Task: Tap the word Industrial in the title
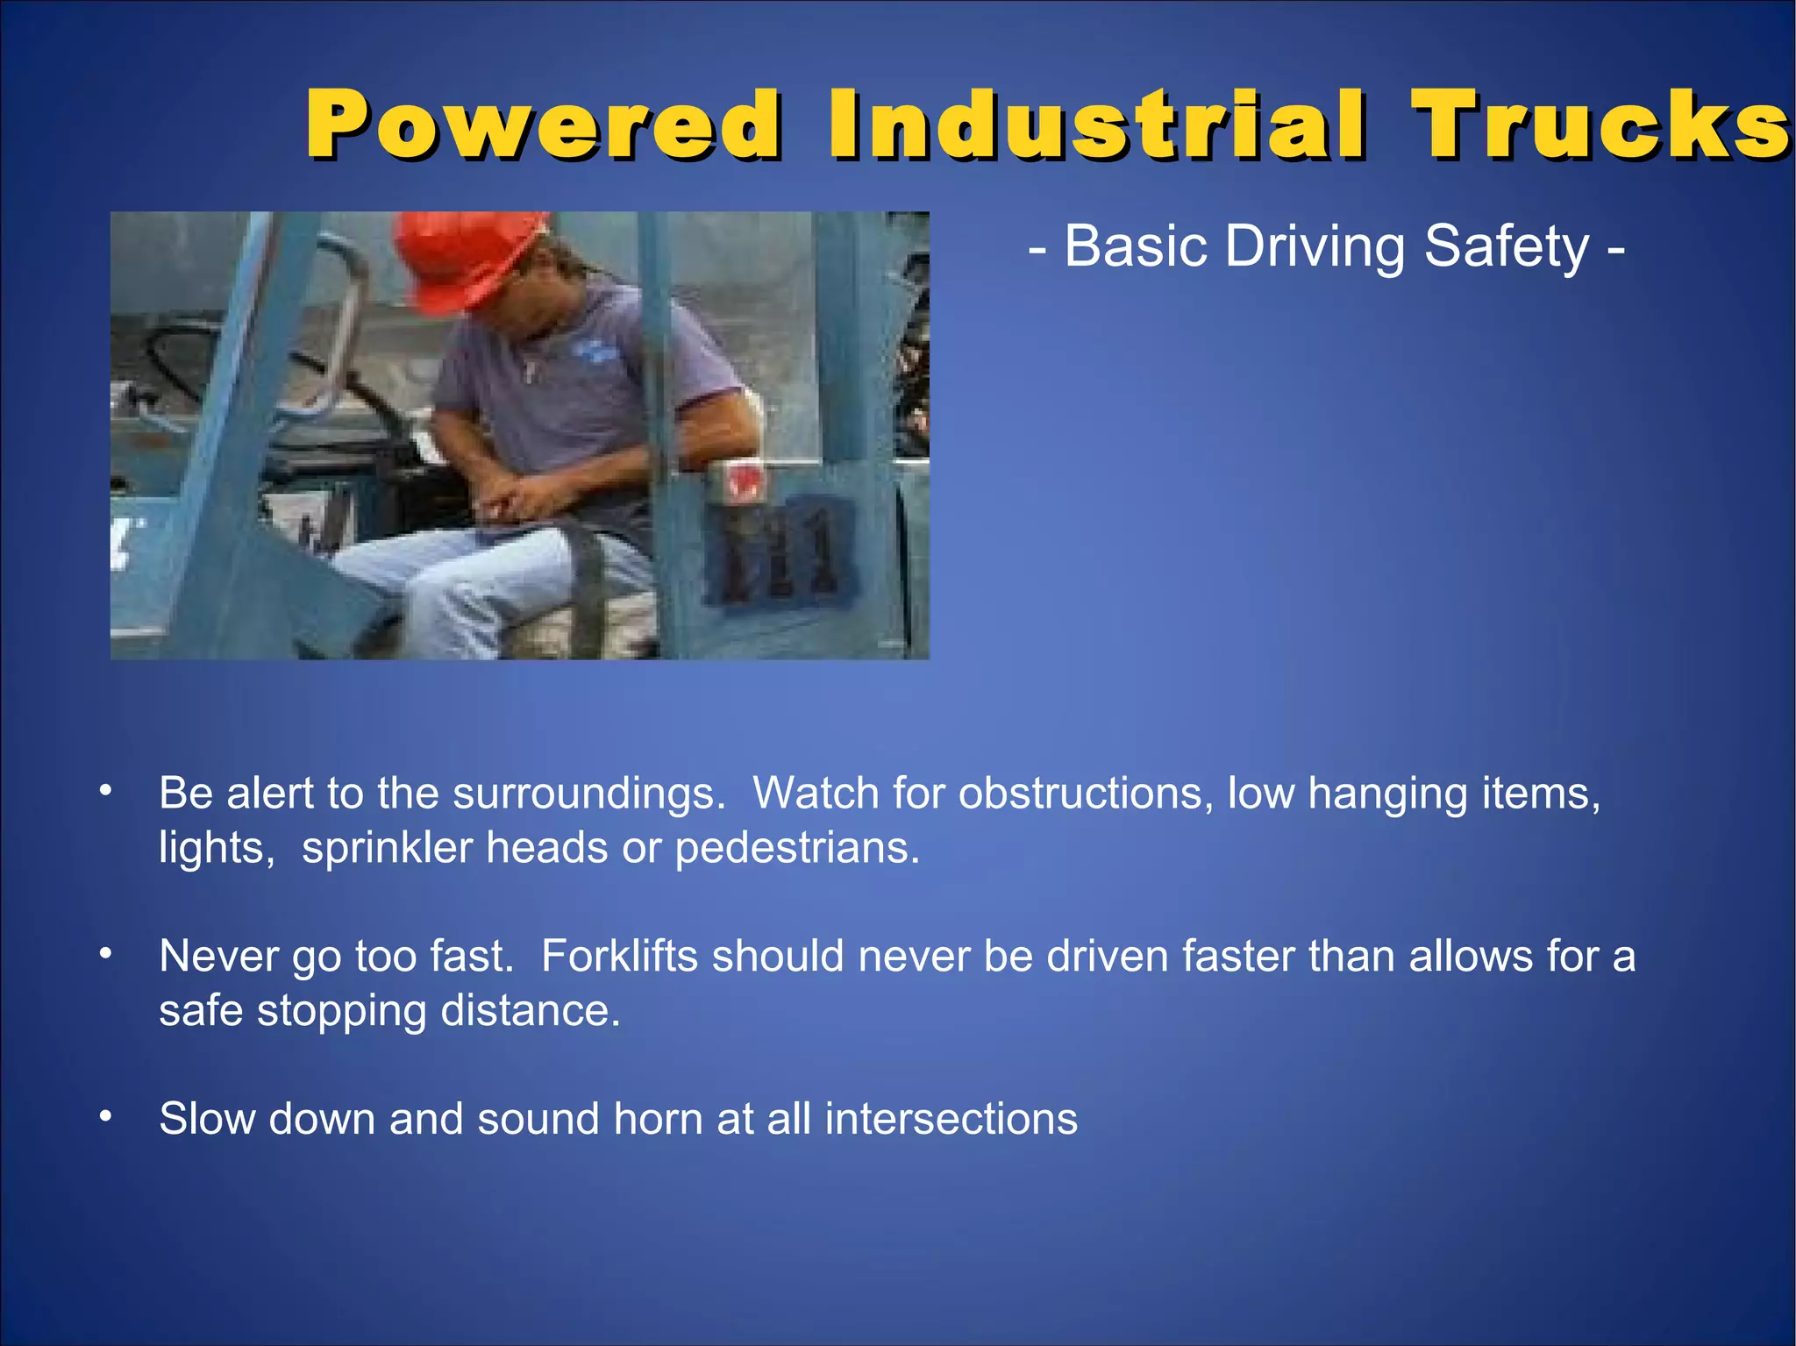1096,125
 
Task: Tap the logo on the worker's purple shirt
596,352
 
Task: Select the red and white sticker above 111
742,481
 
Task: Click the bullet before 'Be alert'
105,791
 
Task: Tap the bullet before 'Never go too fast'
105,953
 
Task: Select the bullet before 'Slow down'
105,1116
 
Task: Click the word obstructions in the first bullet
1086,794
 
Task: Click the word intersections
951,1119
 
